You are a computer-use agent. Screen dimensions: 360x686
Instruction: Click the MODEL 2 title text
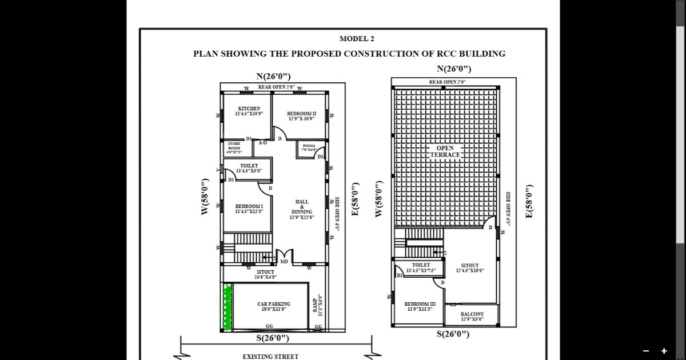(x=357, y=39)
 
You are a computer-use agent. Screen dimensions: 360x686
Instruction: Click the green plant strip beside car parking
(x=228, y=307)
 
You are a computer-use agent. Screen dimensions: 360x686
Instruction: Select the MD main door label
(x=284, y=261)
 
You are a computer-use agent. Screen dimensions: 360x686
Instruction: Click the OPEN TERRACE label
(x=445, y=151)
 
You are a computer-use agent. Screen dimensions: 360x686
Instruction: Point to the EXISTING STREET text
(x=270, y=357)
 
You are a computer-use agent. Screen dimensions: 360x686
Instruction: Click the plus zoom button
(x=664, y=351)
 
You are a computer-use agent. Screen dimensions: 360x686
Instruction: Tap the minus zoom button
(x=646, y=351)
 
